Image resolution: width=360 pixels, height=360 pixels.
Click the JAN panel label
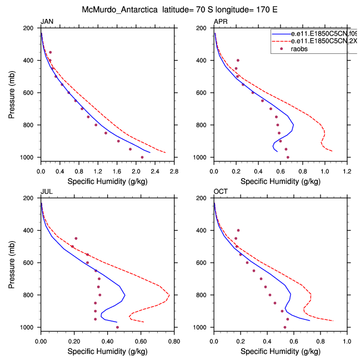coord(46,22)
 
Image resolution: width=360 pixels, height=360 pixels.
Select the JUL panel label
coord(46,192)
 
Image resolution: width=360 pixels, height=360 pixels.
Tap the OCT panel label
coord(221,192)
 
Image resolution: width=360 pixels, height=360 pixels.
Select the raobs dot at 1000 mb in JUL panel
coord(117,327)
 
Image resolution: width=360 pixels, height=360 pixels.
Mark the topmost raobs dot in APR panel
coord(238,60)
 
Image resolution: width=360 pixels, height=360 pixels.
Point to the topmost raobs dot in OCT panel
coord(238,230)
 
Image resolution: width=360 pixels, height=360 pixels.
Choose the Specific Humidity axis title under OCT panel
coord(281,351)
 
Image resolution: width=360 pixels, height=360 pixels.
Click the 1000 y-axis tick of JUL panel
coord(30,328)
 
